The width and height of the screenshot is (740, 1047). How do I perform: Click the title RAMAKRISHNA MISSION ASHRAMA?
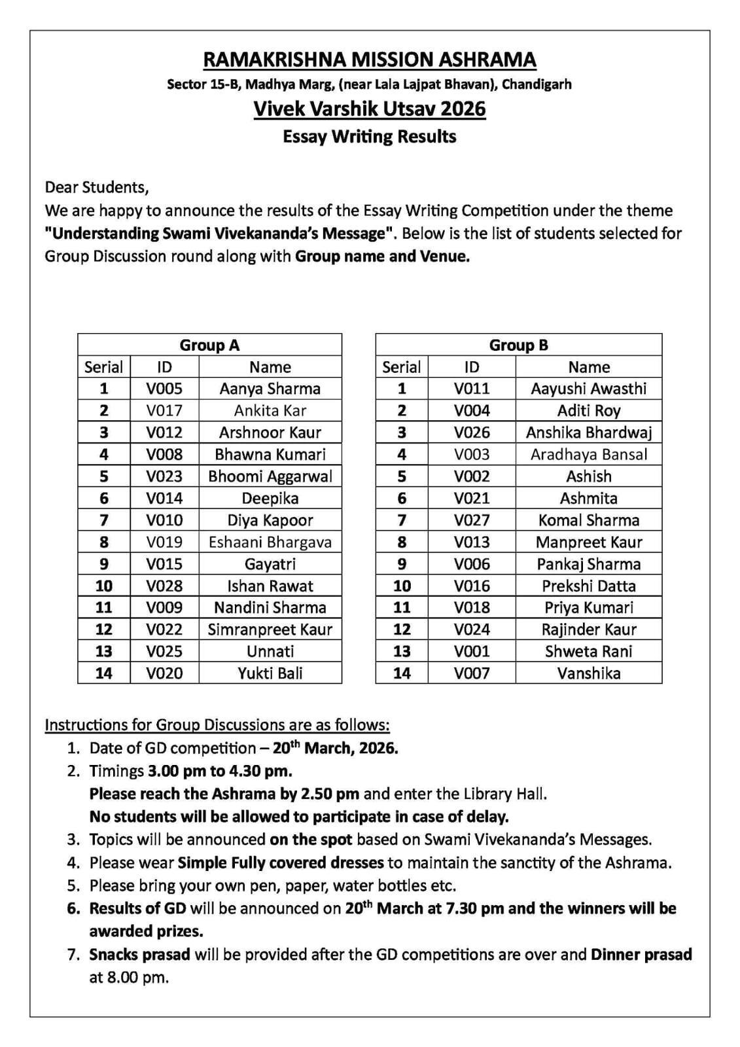[x=370, y=60]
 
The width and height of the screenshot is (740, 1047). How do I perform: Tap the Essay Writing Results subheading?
[x=370, y=137]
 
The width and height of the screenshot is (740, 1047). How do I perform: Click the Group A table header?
[x=209, y=345]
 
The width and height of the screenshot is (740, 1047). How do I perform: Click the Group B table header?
[x=518, y=345]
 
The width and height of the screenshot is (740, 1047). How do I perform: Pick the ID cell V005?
[x=164, y=389]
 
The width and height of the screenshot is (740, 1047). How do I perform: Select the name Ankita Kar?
[x=270, y=411]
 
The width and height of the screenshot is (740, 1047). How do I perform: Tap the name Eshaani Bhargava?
[x=270, y=542]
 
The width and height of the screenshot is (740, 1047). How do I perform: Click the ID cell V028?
[x=164, y=586]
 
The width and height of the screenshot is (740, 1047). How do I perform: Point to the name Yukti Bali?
[x=270, y=673]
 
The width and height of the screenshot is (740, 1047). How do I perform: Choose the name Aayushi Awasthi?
[x=588, y=389]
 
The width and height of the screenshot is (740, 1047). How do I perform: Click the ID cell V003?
[x=472, y=455]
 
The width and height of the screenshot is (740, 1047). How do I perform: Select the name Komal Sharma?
[x=588, y=520]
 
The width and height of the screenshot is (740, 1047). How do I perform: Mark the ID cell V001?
[x=472, y=651]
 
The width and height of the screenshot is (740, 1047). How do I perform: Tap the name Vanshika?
[x=588, y=673]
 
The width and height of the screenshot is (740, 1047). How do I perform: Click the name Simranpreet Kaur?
[x=270, y=630]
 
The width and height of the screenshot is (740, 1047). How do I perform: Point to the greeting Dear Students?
[x=97, y=187]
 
